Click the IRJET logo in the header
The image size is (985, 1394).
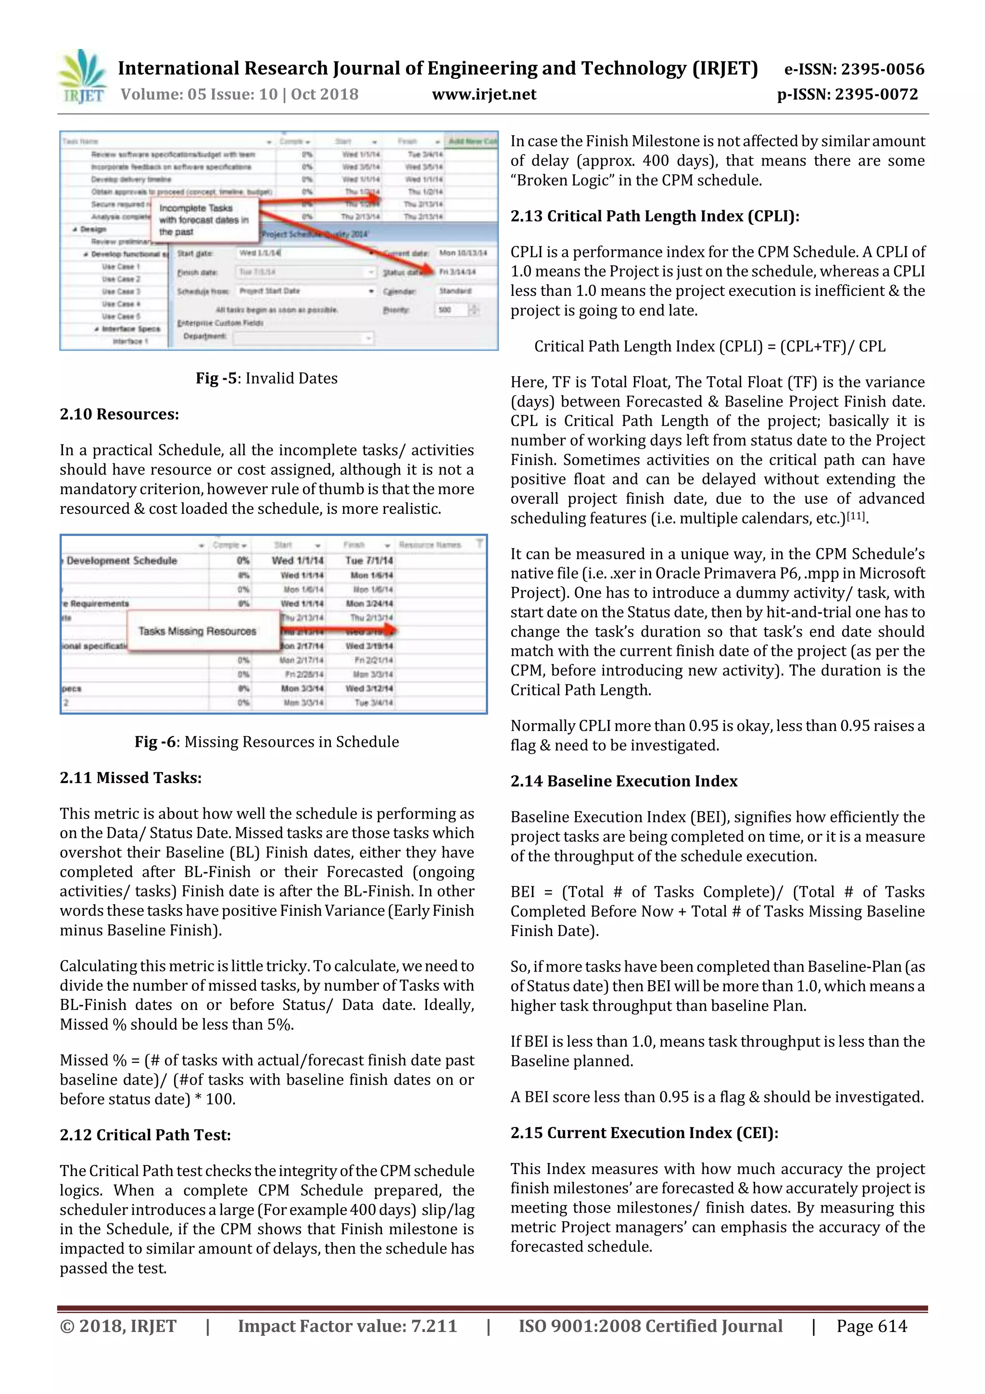coord(82,77)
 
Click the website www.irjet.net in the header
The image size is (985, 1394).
coord(484,94)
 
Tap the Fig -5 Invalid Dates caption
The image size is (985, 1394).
coord(266,378)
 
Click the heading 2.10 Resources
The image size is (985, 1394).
coord(120,414)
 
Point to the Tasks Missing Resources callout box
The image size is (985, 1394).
coord(197,631)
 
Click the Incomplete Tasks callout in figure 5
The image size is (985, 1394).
coord(204,220)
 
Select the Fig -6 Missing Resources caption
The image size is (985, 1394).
coord(266,742)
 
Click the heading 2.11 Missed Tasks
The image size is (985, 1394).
coord(130,778)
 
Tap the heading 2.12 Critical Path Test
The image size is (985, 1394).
coord(145,1135)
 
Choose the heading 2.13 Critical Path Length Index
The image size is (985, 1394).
coord(655,216)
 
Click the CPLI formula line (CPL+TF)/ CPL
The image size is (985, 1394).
coord(709,346)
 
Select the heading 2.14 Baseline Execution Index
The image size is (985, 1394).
coord(624,781)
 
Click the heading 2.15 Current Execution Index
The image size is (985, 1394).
coord(644,1133)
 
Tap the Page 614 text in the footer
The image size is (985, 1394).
coord(871,1326)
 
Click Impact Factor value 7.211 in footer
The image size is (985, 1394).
coord(347,1326)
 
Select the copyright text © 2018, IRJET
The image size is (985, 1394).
coord(118,1326)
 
